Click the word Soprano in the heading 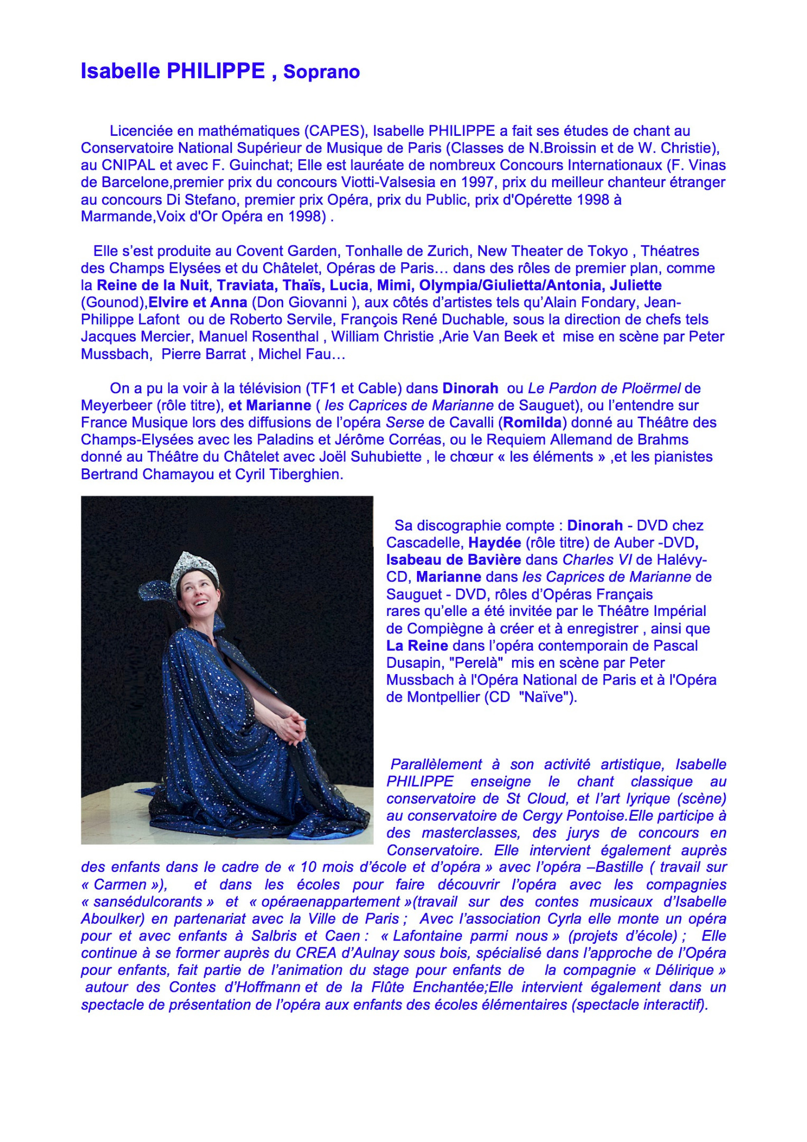click(x=321, y=72)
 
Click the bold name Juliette click(x=636, y=285)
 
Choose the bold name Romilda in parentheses click(x=532, y=423)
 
